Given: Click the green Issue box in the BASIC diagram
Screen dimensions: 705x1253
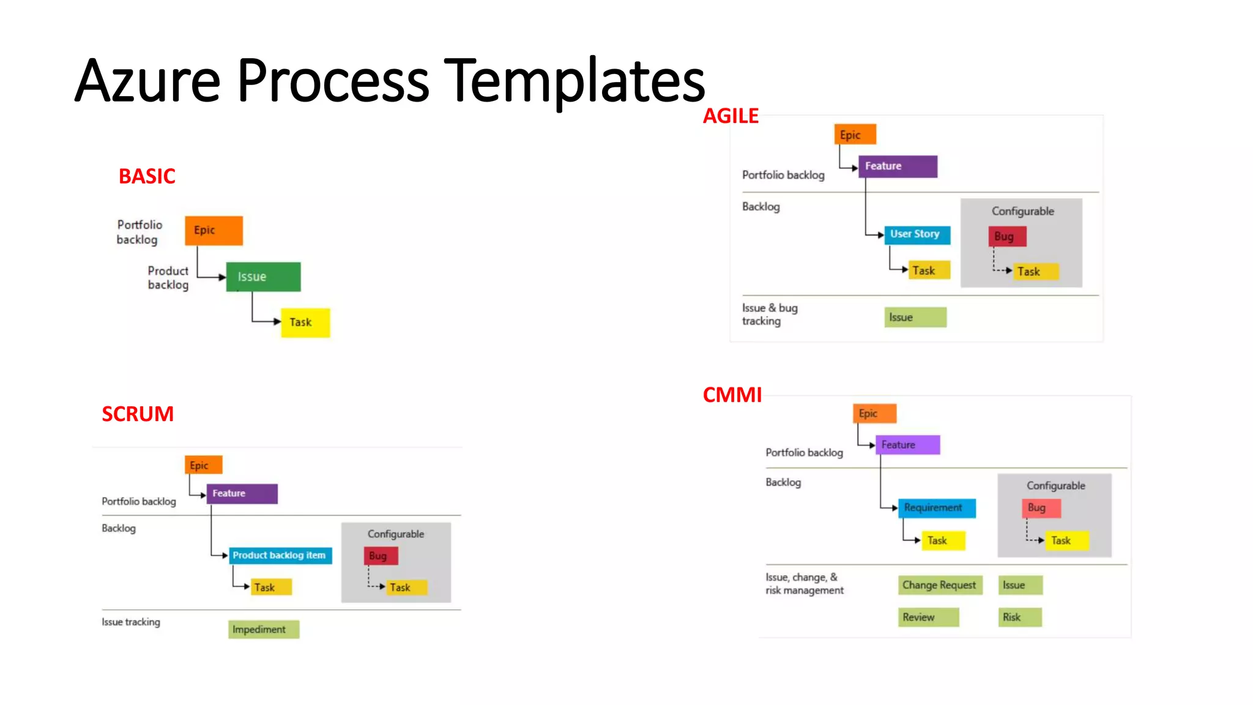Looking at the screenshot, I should click(x=263, y=277).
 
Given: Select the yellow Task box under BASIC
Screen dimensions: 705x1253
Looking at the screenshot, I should click(x=305, y=323).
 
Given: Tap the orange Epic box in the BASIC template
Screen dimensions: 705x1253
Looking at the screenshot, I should click(x=214, y=230).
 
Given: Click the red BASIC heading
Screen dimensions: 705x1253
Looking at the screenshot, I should click(x=147, y=176).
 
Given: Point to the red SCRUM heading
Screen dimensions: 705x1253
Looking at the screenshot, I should click(x=138, y=414).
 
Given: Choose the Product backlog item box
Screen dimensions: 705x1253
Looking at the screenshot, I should click(x=280, y=555).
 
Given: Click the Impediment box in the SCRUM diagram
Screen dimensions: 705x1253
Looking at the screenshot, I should click(x=263, y=629).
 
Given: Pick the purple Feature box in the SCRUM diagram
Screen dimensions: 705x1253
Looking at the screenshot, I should click(x=242, y=493).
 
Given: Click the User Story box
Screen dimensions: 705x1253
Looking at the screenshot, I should click(x=917, y=234).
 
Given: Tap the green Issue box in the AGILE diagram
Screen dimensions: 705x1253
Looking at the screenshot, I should click(x=915, y=317).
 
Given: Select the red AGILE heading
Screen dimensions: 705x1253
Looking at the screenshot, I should click(x=731, y=116).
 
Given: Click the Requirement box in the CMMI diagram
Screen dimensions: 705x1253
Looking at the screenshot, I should click(x=936, y=508).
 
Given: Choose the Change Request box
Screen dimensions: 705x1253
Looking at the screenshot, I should click(x=940, y=585).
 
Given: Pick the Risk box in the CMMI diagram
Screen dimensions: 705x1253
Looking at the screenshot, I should click(x=1019, y=617).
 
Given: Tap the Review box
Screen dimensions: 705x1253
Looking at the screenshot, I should click(x=928, y=617).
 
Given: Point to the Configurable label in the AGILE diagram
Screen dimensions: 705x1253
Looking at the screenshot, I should click(x=1022, y=211).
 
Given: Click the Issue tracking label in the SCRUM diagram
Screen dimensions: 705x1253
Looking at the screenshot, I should click(x=131, y=622).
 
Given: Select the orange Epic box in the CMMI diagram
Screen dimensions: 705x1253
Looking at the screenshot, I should click(x=874, y=414).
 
